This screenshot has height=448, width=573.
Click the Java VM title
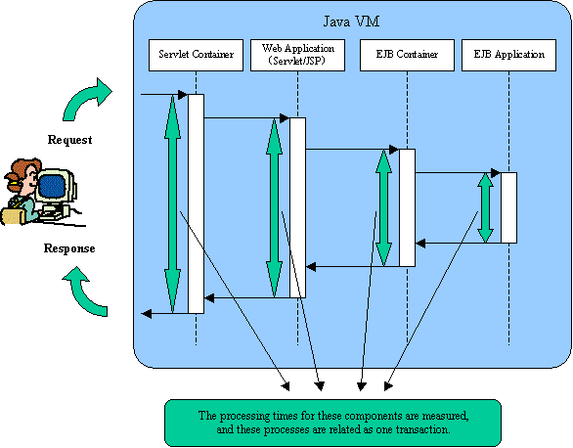[351, 22]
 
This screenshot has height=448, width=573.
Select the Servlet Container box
[196, 55]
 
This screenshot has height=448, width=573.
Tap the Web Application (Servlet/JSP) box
[297, 55]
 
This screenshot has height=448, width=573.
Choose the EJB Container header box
[407, 55]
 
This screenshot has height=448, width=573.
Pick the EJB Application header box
[509, 55]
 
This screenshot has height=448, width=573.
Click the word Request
[69, 140]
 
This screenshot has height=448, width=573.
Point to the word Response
[69, 248]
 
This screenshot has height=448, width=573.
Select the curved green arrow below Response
[84, 292]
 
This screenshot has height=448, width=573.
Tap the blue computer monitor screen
[52, 185]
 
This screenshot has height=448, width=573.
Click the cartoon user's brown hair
[22, 172]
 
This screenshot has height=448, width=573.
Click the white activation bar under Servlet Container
[196, 203]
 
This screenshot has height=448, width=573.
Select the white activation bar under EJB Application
[509, 208]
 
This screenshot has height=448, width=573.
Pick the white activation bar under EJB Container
[407, 208]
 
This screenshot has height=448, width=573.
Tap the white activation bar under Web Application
[297, 208]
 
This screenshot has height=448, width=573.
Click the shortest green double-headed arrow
[485, 208]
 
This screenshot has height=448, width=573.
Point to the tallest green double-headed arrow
[172, 203]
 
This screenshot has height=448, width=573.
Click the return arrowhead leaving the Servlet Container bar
[146, 314]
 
